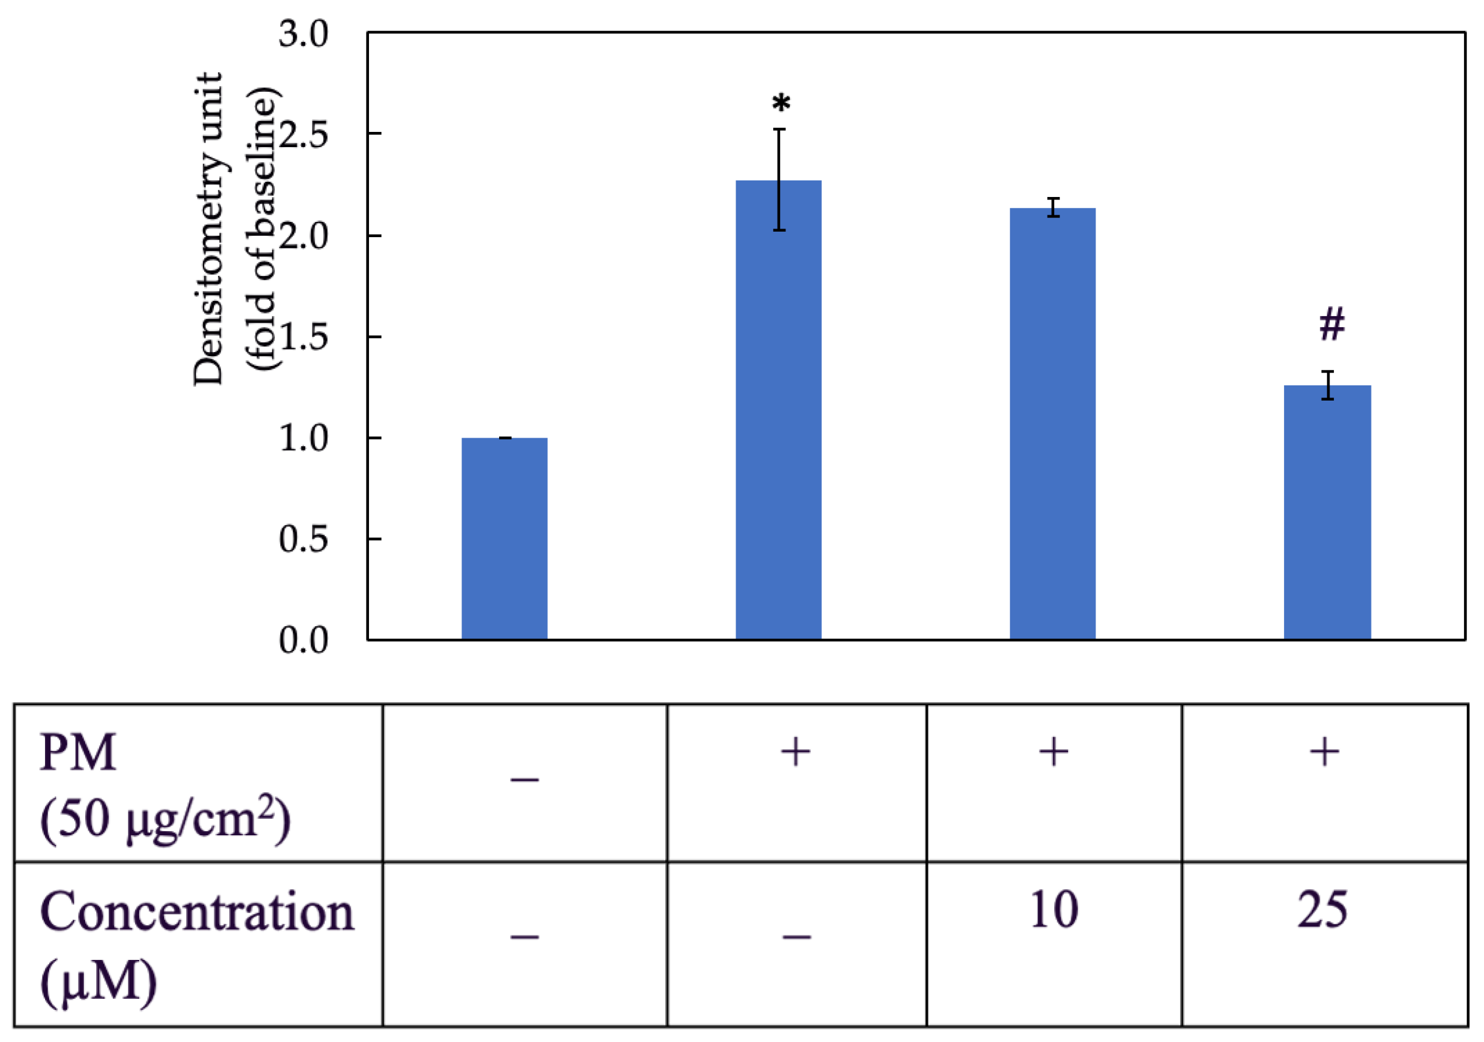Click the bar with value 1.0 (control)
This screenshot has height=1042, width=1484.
(504, 539)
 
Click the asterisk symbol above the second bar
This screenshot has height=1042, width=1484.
(781, 103)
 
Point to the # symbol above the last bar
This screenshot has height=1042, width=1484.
(1332, 325)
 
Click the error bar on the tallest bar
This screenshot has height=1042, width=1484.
(779, 180)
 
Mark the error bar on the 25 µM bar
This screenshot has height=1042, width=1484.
(1328, 385)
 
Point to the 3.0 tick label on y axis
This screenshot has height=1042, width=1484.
(303, 33)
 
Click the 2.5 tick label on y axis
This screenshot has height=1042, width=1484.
(303, 134)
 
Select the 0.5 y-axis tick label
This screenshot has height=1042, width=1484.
(303, 539)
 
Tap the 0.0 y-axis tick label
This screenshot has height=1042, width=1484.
(303, 640)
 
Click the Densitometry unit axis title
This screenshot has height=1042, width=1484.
(208, 229)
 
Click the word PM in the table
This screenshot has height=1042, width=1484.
(78, 753)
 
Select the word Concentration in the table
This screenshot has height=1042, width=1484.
(197, 912)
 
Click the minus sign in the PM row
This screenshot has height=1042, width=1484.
(524, 780)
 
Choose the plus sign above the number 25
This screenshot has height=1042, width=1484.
(1324, 752)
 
